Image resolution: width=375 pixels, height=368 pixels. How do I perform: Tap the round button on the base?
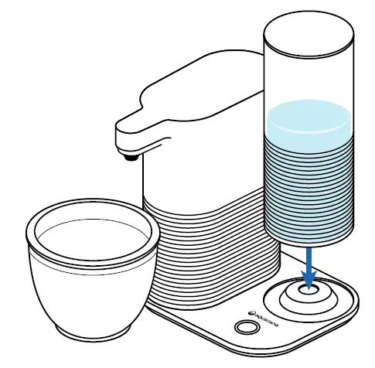pyautogui.click(x=246, y=327)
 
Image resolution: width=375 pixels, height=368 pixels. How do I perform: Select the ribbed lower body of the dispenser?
pyautogui.click(x=209, y=247)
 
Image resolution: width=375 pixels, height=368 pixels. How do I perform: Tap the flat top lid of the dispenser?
pyautogui.click(x=193, y=77)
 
